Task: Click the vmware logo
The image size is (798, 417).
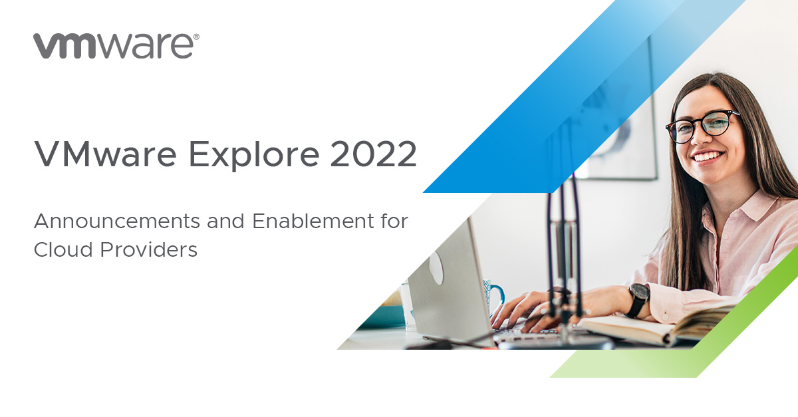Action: point(116,46)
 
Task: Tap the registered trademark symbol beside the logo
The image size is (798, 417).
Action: point(196,37)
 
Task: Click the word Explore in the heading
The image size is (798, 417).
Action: point(253,155)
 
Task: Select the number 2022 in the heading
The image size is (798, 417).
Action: point(373,154)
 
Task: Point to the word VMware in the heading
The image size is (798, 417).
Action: point(105,154)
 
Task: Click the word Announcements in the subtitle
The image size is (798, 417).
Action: point(117,221)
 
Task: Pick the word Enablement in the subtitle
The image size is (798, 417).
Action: point(313,221)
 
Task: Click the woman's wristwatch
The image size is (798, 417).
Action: point(638,299)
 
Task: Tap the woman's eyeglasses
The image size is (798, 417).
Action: point(701,126)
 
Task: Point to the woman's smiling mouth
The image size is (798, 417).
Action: point(708,156)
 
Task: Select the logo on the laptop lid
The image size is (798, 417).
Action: point(436,267)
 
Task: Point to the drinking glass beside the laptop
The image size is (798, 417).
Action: point(407,306)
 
